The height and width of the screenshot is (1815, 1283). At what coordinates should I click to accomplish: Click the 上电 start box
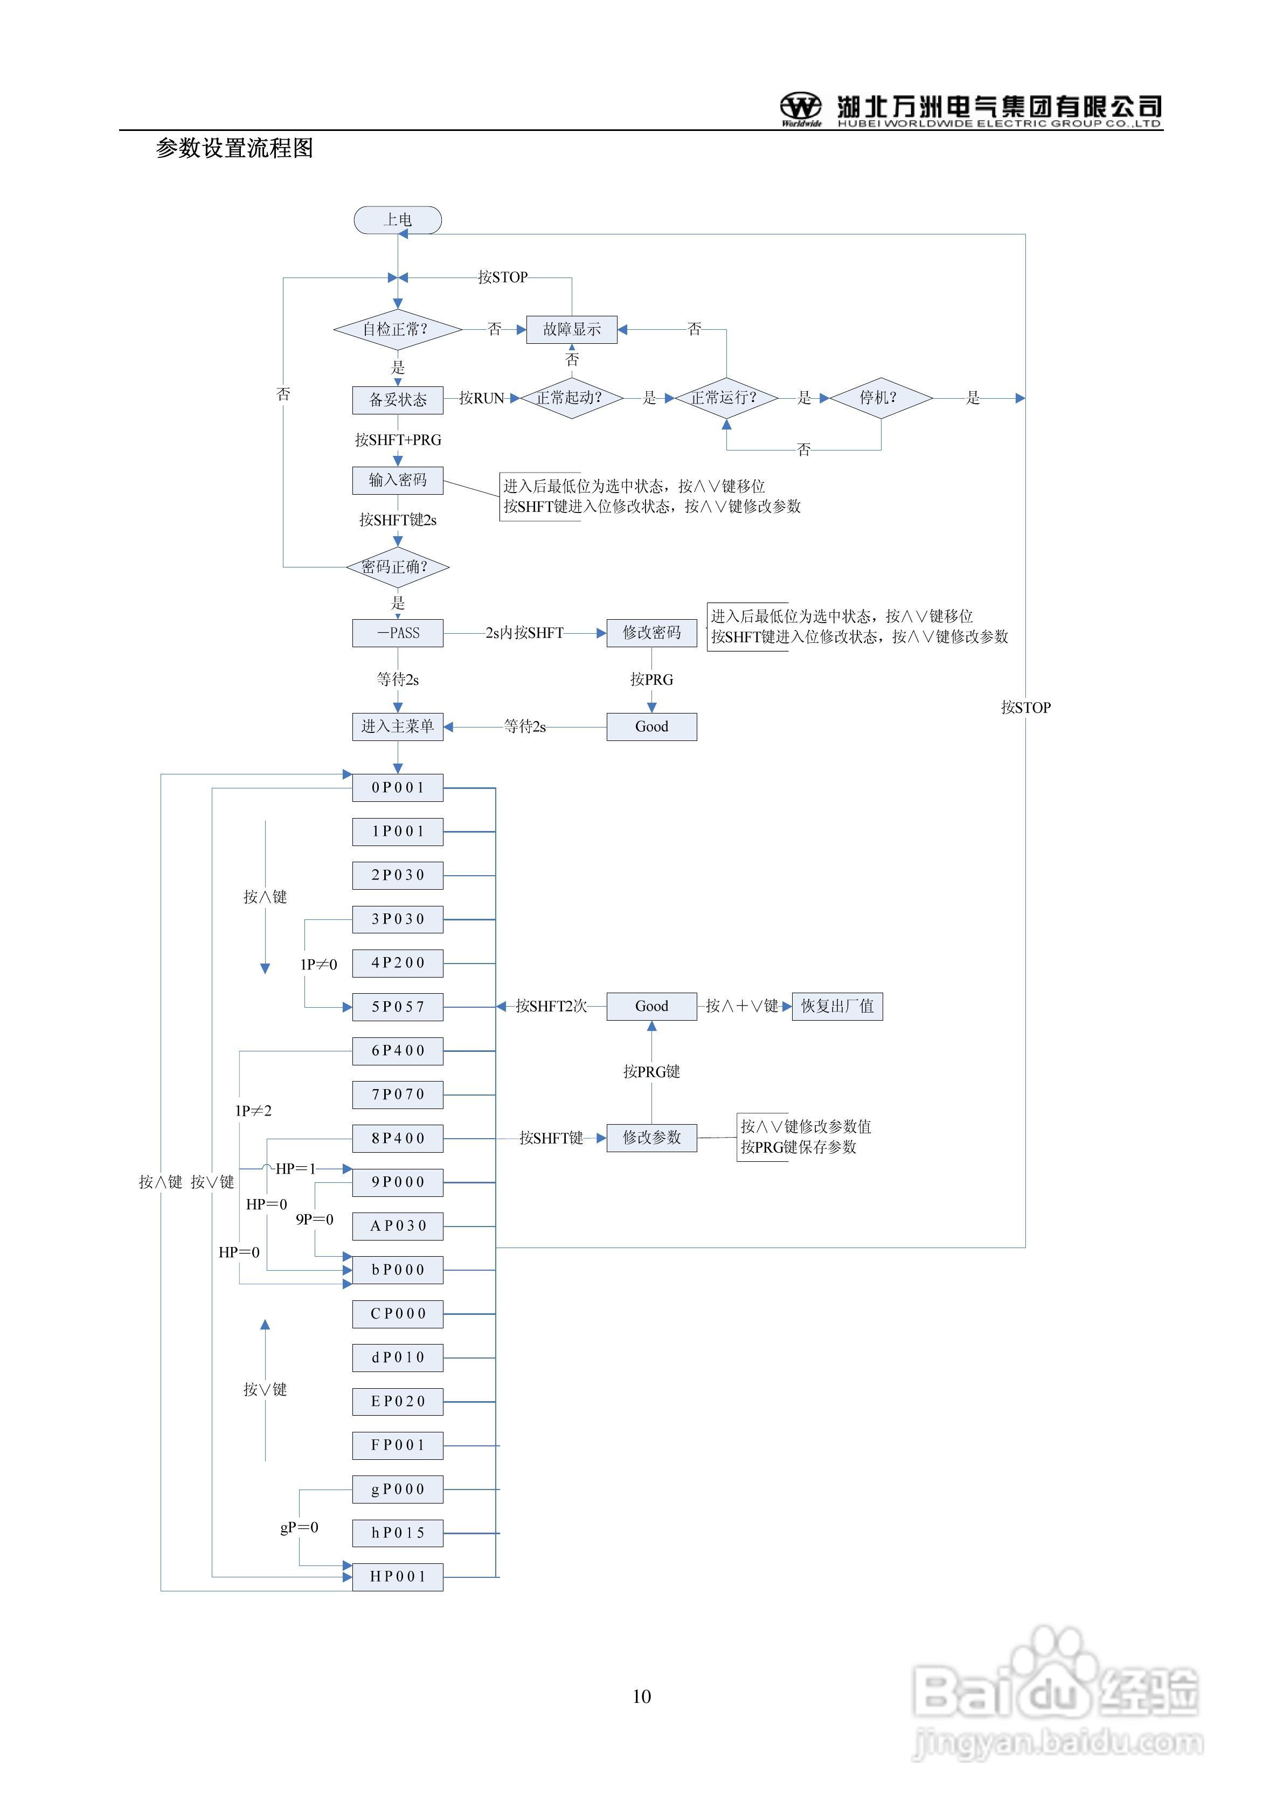(398, 220)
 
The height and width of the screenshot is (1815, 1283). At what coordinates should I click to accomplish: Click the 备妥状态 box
(398, 400)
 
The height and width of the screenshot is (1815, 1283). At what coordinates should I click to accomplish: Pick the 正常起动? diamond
(571, 398)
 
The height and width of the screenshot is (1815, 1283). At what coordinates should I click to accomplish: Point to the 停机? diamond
(880, 398)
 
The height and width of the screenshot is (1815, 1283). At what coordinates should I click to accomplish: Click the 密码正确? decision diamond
(398, 567)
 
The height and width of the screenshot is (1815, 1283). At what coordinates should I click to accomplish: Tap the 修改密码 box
(651, 633)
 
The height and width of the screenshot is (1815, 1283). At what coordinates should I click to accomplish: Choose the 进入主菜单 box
(398, 726)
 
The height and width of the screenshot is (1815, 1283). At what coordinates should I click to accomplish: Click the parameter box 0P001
(398, 788)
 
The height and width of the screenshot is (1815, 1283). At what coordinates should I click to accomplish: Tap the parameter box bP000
(398, 1270)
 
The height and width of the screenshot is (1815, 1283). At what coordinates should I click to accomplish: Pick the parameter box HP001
(398, 1577)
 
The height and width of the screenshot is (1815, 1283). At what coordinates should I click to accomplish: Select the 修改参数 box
(651, 1138)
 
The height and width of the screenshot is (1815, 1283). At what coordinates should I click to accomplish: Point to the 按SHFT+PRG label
(398, 440)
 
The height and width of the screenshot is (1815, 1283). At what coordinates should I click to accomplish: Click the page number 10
(641, 1696)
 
